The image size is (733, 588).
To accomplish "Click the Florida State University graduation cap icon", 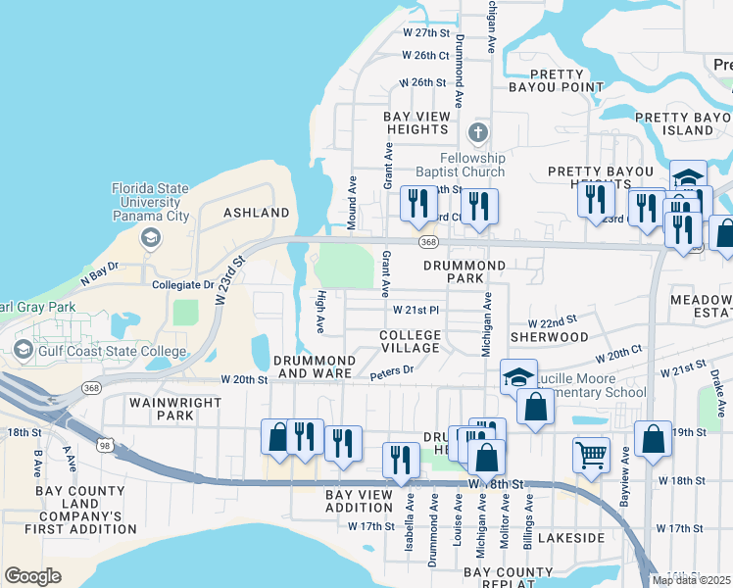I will pyautogui.click(x=150, y=237).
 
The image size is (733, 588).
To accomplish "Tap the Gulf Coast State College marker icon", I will pyautogui.click(x=24, y=351).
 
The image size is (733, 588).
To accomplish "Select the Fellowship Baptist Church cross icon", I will pyautogui.click(x=477, y=132).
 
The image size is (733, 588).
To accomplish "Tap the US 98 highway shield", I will pyautogui.click(x=121, y=448).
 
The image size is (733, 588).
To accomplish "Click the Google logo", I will pyautogui.click(x=32, y=576).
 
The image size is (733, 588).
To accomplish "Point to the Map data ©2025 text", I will pyautogui.click(x=692, y=580).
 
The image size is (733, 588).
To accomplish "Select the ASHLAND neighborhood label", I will pyautogui.click(x=257, y=213).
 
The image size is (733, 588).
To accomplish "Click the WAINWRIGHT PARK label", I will pyautogui.click(x=162, y=409).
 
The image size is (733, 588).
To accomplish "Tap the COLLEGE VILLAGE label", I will pyautogui.click(x=410, y=342).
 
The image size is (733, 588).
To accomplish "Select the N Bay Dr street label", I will pyautogui.click(x=99, y=266).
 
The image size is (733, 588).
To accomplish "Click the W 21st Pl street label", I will pyautogui.click(x=415, y=310).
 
